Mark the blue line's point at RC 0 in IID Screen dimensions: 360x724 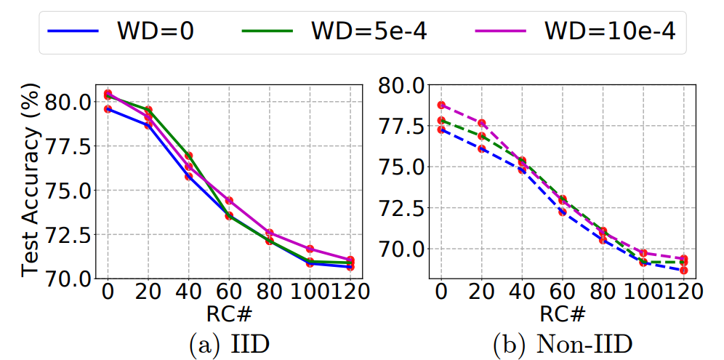[x=108, y=109]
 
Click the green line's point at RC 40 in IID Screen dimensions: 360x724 [x=188, y=156]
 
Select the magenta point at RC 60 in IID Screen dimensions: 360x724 [x=229, y=201]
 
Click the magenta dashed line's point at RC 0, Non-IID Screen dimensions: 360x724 [x=441, y=105]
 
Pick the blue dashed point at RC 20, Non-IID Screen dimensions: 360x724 [x=481, y=148]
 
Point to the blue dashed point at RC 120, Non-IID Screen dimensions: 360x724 [x=684, y=271]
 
